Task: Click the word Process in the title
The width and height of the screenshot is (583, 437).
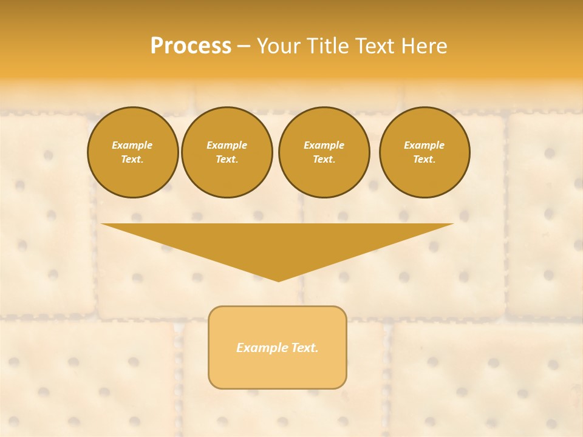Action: point(191,46)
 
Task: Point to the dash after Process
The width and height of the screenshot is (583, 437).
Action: point(244,47)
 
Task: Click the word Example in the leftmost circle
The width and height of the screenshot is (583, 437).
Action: point(132,145)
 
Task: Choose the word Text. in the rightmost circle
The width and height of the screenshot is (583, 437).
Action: point(424,159)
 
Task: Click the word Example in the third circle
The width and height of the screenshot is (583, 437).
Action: point(324,145)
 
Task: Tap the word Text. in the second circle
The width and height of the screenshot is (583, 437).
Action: point(227,159)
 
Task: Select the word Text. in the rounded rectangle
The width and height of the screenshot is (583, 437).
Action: point(304,348)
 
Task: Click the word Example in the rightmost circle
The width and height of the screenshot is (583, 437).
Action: point(424,145)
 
